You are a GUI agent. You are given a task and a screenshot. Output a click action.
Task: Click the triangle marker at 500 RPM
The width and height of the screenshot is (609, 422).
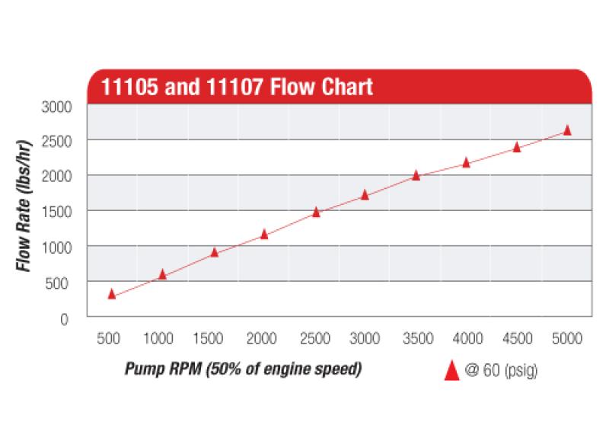tap(112, 294)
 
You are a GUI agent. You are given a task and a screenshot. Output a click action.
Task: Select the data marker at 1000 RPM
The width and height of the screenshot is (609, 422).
tap(162, 274)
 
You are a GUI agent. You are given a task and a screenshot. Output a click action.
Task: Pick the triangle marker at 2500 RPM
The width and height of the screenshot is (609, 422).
tap(316, 212)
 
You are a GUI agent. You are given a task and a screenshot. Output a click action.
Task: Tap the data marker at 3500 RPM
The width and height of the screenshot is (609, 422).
tap(416, 175)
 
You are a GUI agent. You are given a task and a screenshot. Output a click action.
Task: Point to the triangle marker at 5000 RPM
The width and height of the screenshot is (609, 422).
tap(567, 130)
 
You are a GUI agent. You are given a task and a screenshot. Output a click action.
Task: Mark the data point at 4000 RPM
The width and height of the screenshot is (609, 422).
tap(467, 162)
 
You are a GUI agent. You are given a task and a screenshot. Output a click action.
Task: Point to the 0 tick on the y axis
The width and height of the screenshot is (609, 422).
tap(67, 318)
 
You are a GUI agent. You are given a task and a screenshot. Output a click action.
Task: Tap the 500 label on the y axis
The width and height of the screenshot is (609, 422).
tap(60, 283)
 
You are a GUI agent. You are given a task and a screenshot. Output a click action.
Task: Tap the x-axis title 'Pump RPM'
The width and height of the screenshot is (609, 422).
tap(242, 369)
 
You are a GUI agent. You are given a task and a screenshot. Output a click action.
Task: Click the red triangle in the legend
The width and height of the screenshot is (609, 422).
tap(451, 370)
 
